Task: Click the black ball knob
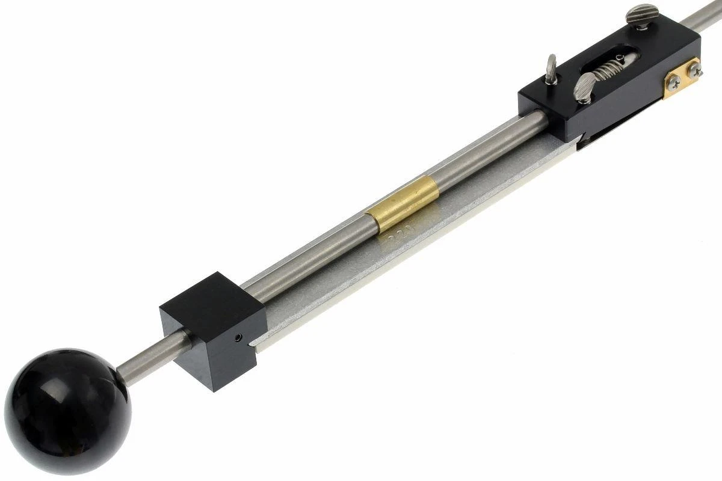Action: tap(66, 409)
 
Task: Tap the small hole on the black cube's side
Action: tap(239, 339)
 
